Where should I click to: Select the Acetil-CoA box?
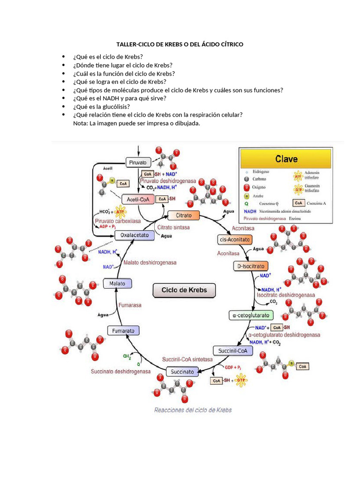tap(137, 199)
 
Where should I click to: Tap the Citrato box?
tap(183, 216)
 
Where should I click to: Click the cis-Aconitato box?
tap(234, 240)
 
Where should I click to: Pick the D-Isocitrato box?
tap(251, 266)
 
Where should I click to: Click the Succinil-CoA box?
tap(232, 350)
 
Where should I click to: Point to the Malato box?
tap(117, 283)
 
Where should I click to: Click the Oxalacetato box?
tap(135, 235)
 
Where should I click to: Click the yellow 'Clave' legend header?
tap(285, 159)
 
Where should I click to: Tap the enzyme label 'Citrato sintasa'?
tap(173, 227)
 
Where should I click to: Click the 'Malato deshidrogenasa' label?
tap(150, 262)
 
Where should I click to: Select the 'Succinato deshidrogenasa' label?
tap(120, 371)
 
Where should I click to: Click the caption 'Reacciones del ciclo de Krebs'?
tap(193, 410)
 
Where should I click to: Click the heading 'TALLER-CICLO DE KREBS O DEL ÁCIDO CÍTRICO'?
tap(180, 44)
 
